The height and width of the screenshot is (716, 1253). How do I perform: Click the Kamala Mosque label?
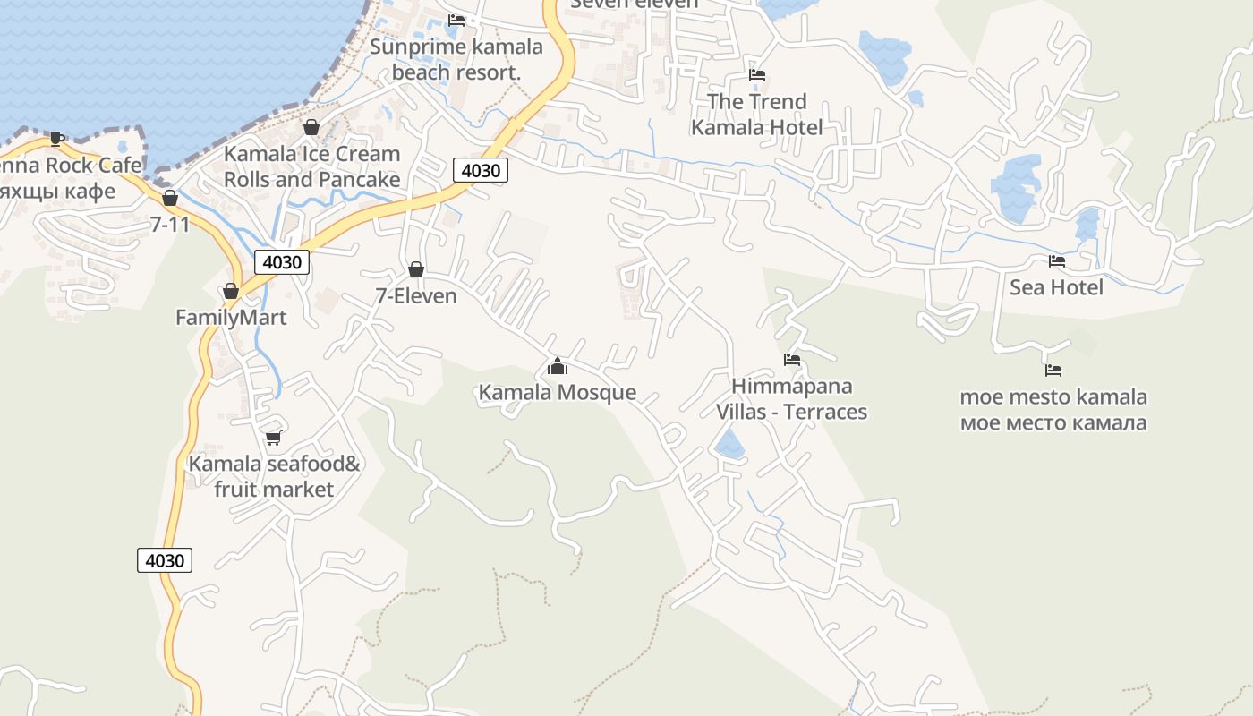[x=558, y=392]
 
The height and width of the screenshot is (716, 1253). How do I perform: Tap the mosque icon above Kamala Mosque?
[x=558, y=366]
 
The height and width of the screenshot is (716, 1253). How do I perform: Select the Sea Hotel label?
[x=1056, y=287]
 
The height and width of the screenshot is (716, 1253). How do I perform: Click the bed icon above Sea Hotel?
[x=1057, y=261]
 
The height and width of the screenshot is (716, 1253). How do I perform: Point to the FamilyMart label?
[x=231, y=318]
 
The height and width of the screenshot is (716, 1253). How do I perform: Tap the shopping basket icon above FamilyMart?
[x=231, y=291]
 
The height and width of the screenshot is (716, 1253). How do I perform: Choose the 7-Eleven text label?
[x=416, y=295]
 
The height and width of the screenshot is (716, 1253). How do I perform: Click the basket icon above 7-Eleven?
[x=416, y=268]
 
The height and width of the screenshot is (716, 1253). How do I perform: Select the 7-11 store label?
[x=170, y=224]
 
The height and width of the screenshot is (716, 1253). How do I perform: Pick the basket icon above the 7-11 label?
[x=170, y=198]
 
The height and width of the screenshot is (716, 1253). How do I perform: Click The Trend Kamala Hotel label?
[x=756, y=115]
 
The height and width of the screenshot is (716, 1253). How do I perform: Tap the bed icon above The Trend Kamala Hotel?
[x=757, y=75]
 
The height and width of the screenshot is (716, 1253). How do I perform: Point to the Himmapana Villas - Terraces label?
[x=791, y=399]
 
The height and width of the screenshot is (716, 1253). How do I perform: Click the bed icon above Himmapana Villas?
[x=791, y=360]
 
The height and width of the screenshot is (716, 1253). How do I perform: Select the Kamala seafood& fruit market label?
[x=274, y=477]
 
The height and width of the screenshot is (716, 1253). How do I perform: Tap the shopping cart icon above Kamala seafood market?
[x=274, y=438]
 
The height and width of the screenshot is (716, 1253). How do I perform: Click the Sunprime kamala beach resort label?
[x=456, y=59]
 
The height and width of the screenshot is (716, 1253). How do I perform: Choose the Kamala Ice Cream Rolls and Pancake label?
[x=311, y=166]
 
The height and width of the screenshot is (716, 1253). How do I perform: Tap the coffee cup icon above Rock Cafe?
[x=57, y=139]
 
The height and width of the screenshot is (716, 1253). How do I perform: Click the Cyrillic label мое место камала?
[x=1053, y=422]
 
